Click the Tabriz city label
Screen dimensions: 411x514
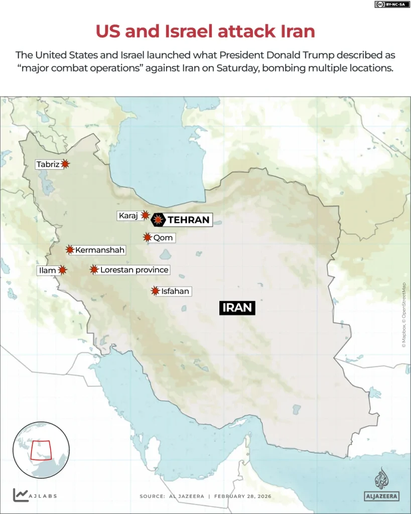pyautogui.click(x=48, y=164)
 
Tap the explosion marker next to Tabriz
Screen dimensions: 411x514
pyautogui.click(x=65, y=164)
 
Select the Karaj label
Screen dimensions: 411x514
pyautogui.click(x=127, y=216)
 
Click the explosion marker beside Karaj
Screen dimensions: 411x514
pyautogui.click(x=145, y=215)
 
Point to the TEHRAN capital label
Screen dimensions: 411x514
pyautogui.click(x=188, y=219)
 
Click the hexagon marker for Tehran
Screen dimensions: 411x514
pyautogui.click(x=159, y=219)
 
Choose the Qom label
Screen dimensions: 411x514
pyautogui.click(x=163, y=237)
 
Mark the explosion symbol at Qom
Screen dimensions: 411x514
pyautogui.click(x=147, y=237)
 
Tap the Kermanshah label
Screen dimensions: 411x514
pyautogui.click(x=100, y=249)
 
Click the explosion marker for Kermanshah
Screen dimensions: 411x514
pyautogui.click(x=69, y=249)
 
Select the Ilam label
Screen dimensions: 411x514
pyautogui.click(x=47, y=271)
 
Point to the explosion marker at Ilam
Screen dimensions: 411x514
pyautogui.click(x=62, y=270)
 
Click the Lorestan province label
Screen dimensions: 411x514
pyautogui.click(x=134, y=270)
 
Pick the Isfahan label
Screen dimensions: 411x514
pyautogui.click(x=175, y=291)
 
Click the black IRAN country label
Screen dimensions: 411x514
pyautogui.click(x=237, y=307)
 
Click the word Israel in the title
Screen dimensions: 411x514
pyautogui.click(x=189, y=32)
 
